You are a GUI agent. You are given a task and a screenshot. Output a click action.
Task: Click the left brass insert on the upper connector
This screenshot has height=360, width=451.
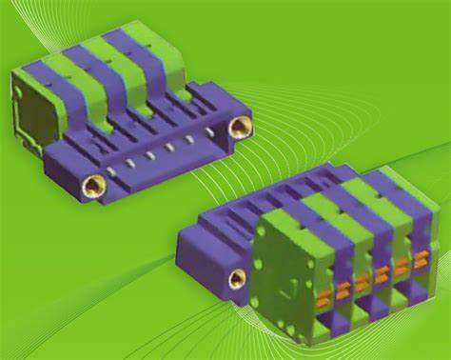pos(92,186)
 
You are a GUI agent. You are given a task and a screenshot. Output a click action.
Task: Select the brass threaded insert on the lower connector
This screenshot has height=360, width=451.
pos(237,278)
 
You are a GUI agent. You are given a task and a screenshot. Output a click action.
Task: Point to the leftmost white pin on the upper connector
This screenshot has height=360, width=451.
pos(112,172)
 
